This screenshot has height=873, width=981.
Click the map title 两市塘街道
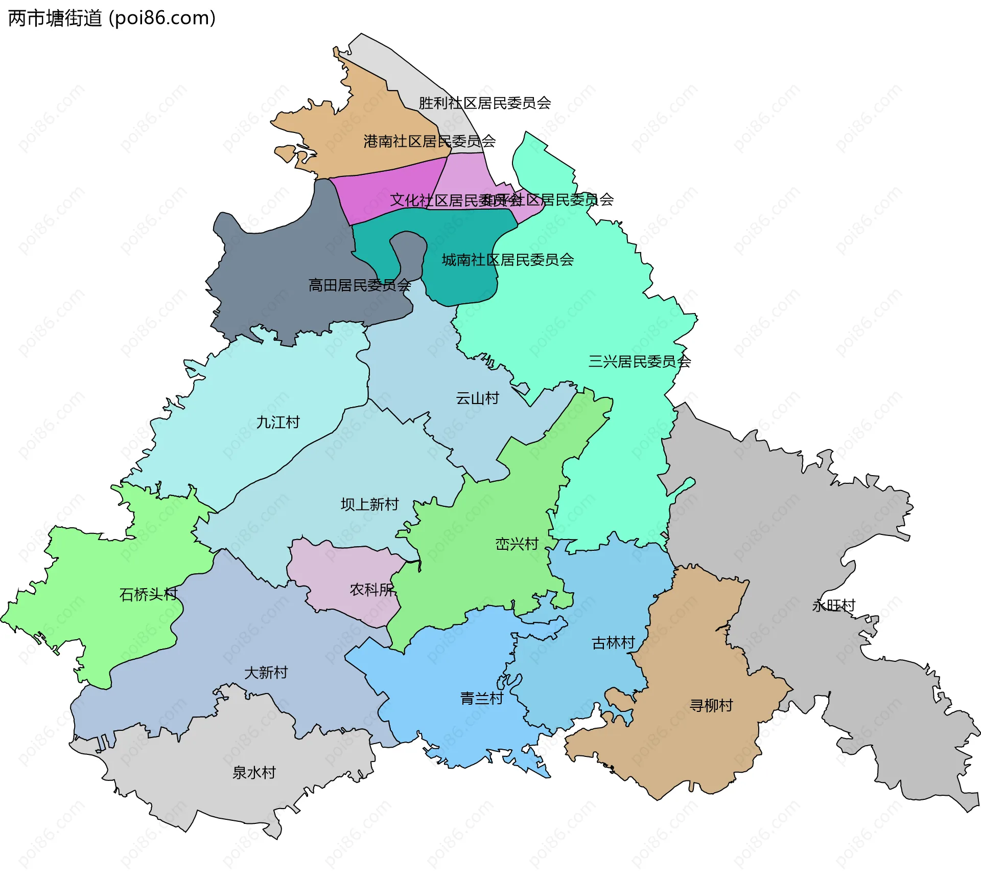point(55,18)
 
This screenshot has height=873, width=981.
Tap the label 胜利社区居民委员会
point(484,103)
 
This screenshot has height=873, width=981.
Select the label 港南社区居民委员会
point(429,141)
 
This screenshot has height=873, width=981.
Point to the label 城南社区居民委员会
point(507,260)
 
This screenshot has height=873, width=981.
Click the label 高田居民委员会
point(359,285)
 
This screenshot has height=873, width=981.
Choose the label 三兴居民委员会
point(639,362)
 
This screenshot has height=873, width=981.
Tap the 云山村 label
point(477,398)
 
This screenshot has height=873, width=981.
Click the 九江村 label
point(277,422)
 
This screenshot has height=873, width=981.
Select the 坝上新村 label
point(369,504)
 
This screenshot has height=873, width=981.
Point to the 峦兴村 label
point(517,544)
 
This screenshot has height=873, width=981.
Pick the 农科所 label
point(371,590)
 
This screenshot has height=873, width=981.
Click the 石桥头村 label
point(148,594)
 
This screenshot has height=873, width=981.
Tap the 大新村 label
point(266,672)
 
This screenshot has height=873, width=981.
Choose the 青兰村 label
point(481,698)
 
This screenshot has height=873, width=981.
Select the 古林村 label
point(613,643)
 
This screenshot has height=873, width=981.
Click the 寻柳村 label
point(711,705)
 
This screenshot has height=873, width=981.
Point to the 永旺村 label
point(833,606)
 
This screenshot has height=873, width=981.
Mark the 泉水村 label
point(254,772)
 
